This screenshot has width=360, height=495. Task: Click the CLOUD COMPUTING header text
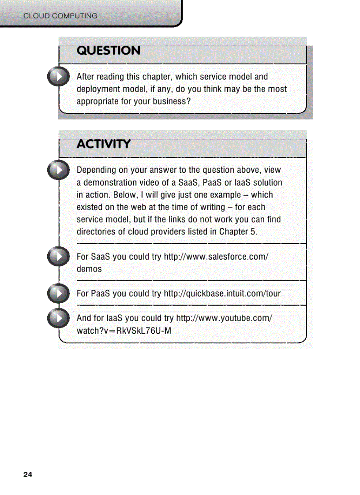point(60,16)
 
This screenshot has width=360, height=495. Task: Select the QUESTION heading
point(109,51)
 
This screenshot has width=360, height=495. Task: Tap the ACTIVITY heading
point(104,144)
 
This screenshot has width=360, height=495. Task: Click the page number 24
point(28,475)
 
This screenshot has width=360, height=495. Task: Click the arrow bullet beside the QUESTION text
point(58,76)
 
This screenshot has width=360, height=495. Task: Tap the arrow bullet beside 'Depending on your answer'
point(58,170)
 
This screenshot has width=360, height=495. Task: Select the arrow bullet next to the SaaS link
point(58,257)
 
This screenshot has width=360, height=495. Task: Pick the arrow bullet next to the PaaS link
point(58,294)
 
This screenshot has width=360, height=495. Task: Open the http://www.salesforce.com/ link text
point(216,257)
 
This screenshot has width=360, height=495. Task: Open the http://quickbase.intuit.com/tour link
point(222,294)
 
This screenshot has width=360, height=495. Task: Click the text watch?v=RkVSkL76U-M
point(124,331)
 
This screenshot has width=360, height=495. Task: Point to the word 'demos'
point(89,269)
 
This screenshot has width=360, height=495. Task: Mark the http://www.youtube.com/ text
point(224,318)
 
